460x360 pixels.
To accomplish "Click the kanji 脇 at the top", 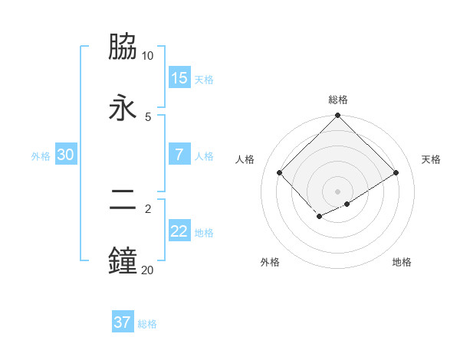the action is pyautogui.click(x=123, y=47).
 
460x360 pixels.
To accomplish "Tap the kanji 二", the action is pyautogui.click(x=123, y=200).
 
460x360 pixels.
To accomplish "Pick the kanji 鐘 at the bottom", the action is pyautogui.click(x=123, y=260).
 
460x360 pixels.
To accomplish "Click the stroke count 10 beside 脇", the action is pyautogui.click(x=147, y=56).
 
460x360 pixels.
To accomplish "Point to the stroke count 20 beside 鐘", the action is pyautogui.click(x=147, y=269).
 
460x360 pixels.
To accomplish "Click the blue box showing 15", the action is pyautogui.click(x=179, y=77).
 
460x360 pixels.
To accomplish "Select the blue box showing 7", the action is pyautogui.click(x=179, y=154).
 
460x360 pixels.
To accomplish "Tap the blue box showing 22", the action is pyautogui.click(x=179, y=231).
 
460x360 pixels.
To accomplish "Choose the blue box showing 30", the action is pyautogui.click(x=66, y=154).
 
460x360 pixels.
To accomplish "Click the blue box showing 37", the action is pyautogui.click(x=123, y=322).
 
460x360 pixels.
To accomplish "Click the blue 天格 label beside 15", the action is pyautogui.click(x=204, y=79).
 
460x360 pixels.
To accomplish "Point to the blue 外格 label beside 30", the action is pyautogui.click(x=41, y=155).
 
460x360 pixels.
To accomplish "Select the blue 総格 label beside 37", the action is pyautogui.click(x=147, y=324).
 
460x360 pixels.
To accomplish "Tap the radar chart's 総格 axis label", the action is pyautogui.click(x=338, y=100).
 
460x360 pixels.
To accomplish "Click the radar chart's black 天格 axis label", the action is pyautogui.click(x=431, y=159).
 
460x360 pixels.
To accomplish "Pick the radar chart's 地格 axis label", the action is pyautogui.click(x=402, y=262).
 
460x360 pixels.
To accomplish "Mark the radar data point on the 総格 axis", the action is pyautogui.click(x=338, y=116).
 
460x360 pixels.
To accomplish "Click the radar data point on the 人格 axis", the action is pyautogui.click(x=280, y=173).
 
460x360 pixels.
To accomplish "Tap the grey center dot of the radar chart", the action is pyautogui.click(x=338, y=191).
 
